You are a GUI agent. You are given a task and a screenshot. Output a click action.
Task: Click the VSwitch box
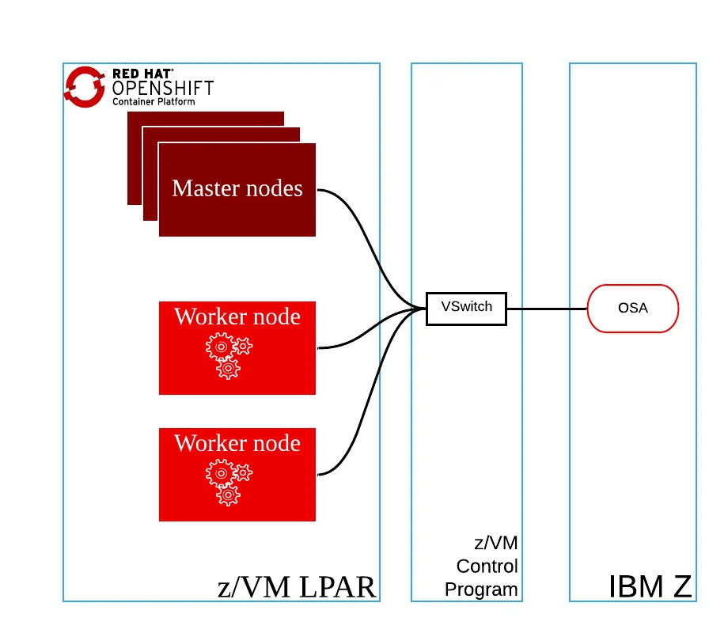coord(466,308)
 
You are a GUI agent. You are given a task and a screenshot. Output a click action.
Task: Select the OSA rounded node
coord(632,308)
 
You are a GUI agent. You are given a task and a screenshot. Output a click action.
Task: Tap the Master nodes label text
coord(237,188)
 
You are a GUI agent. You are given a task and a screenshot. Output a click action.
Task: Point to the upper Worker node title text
coord(237,316)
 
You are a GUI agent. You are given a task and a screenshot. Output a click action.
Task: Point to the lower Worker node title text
coord(237,443)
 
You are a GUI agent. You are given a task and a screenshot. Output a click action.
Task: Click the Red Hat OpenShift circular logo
coord(85,86)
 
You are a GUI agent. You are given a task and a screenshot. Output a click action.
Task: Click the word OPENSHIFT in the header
coord(163,88)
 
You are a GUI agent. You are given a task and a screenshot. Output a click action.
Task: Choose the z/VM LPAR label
coord(296,586)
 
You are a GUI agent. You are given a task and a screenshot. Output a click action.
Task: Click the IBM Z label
coord(650,586)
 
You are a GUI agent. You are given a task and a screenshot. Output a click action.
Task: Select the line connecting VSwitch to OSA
coord(546,308)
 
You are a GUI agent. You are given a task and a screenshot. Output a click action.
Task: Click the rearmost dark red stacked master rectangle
coord(206,118)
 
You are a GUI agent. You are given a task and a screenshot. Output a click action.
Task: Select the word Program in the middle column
coord(481,589)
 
